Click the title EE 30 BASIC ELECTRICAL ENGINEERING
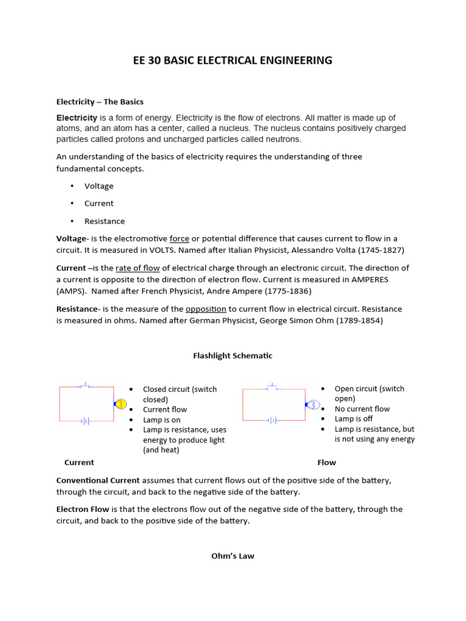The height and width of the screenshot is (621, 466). [x=232, y=60]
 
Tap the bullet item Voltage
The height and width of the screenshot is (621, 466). [x=99, y=186]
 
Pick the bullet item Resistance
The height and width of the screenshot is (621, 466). [x=104, y=221]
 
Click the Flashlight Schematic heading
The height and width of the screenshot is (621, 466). [x=232, y=356]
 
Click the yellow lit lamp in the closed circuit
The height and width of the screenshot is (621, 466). [x=120, y=403]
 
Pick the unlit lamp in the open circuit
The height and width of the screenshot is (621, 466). [x=313, y=404]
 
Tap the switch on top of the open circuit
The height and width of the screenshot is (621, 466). [x=272, y=388]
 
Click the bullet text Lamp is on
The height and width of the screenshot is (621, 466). [x=161, y=420]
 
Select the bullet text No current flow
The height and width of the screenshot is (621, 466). [x=362, y=409]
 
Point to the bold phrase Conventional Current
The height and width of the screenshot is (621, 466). [x=98, y=480]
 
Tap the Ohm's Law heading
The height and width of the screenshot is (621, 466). [x=232, y=556]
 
